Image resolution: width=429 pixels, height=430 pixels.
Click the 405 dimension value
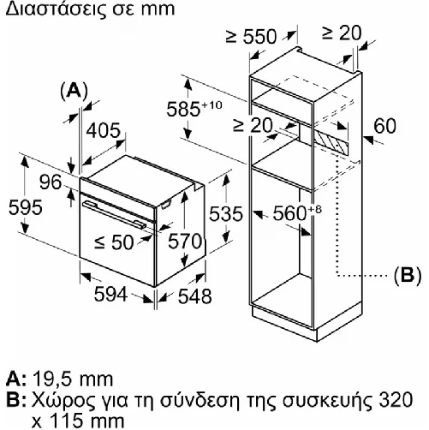click(104, 131)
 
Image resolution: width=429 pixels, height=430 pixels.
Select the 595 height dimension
click(26, 207)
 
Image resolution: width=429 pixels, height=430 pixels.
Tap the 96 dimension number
click(51, 182)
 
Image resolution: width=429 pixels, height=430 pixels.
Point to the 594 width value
click(110, 295)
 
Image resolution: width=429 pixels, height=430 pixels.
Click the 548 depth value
click(195, 296)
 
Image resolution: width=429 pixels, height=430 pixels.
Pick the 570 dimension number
click(185, 242)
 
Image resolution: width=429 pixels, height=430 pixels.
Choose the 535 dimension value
click(226, 214)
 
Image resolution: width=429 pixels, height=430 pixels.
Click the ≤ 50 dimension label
click(114, 242)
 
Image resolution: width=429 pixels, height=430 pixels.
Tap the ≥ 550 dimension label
click(251, 36)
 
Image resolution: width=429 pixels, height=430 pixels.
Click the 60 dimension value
click(385, 126)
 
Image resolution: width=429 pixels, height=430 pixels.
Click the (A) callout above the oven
click(74, 92)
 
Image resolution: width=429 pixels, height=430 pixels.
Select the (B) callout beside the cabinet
click(408, 276)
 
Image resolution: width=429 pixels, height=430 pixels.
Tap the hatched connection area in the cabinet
click(331, 144)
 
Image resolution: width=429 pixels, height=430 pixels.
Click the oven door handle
click(114, 215)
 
